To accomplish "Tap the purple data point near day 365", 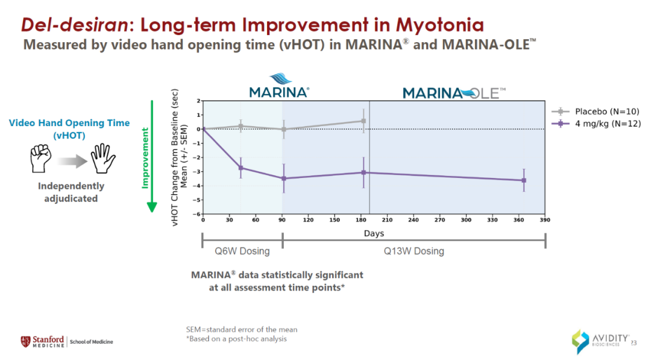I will (524, 180).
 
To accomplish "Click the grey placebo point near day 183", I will (363, 121).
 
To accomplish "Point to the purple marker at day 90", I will (283, 178).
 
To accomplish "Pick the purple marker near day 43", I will (241, 168).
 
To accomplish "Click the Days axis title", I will (374, 233).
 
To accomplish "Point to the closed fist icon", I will (40, 159).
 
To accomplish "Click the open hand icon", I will (103, 159).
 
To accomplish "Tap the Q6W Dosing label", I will (242, 251).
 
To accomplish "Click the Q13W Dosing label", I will (414, 251).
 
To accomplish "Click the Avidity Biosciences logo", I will (600, 341).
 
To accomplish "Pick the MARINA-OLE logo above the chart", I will (454, 93).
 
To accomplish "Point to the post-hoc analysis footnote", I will (236, 339).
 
